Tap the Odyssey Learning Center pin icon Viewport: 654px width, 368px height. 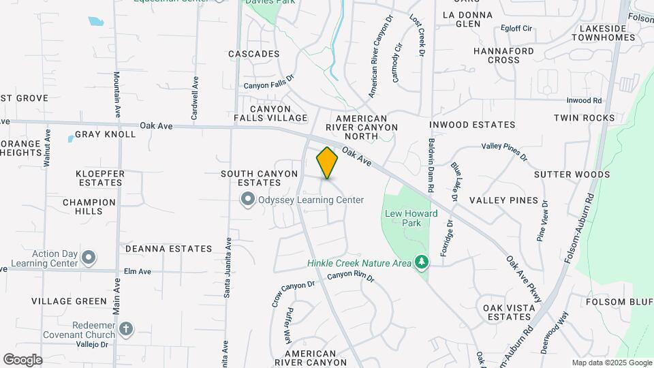247,200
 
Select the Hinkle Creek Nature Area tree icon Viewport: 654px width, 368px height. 422,262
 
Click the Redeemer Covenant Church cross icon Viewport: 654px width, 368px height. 125,330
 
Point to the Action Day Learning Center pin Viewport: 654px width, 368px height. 88,258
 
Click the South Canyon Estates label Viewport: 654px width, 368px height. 259,178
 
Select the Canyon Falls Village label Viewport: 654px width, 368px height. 270,113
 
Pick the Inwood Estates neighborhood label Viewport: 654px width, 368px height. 472,125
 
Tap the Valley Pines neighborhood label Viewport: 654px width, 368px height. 503,200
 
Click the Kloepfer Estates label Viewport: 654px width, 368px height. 100,178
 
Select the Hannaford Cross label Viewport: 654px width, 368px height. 503,55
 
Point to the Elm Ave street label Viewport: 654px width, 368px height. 137,271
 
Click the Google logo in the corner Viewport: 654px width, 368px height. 22,360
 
